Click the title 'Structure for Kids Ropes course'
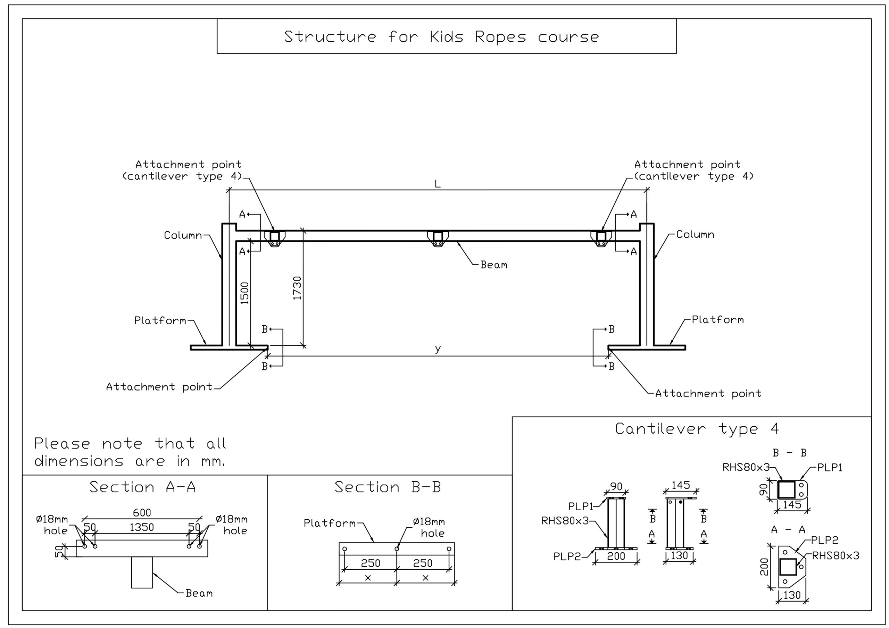coord(441,37)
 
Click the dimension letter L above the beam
coord(438,184)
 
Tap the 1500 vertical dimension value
coord(245,293)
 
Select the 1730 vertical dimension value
coord(297,288)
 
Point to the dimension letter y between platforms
coord(438,349)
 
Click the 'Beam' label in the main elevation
coord(494,265)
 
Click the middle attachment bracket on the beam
coord(438,238)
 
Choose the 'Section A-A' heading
coord(142,487)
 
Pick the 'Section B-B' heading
coord(388,487)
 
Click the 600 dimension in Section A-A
coord(142,513)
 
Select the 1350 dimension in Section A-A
coord(142,527)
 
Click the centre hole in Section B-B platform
coord(397,549)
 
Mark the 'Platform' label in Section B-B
coord(330,524)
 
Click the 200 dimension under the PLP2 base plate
coord(616,556)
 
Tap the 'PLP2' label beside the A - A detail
coord(825,540)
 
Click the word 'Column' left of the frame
coord(183,235)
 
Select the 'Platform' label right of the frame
coord(718,320)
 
